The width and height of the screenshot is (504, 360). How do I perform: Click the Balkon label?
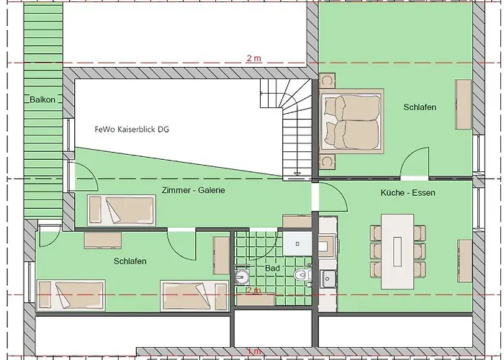pyautogui.click(x=42, y=99)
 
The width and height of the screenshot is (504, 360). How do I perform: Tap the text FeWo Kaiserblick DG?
pyautogui.click(x=132, y=129)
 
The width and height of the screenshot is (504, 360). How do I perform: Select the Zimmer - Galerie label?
pyautogui.click(x=193, y=190)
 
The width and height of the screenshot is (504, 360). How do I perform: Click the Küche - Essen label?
pyautogui.click(x=408, y=192)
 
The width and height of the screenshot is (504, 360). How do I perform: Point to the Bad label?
pyautogui.click(x=272, y=268)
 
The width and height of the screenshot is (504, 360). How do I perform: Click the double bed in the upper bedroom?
pyautogui.click(x=351, y=122)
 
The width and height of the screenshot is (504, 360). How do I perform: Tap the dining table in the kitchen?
pyautogui.click(x=397, y=252)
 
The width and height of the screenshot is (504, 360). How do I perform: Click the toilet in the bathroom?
pyautogui.click(x=302, y=275)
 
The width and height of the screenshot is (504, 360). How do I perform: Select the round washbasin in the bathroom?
pyautogui.click(x=241, y=276)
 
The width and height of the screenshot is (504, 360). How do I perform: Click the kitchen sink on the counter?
pyautogui.click(x=328, y=279)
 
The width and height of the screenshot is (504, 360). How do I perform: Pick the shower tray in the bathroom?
pyautogui.click(x=297, y=243)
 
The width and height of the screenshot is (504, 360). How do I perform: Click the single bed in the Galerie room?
pyautogui.click(x=122, y=210)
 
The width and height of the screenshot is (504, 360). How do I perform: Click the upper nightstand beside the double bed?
pyautogui.click(x=327, y=81)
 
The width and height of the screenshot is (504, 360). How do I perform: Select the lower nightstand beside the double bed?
pyautogui.click(x=327, y=162)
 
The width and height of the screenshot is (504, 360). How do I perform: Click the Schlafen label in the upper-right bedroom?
pyautogui.click(x=420, y=107)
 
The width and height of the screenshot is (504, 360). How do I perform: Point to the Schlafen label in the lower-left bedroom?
pyautogui.click(x=130, y=261)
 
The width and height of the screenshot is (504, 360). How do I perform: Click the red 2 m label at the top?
pyautogui.click(x=254, y=58)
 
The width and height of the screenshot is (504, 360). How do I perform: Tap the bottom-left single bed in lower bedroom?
pyautogui.click(x=71, y=295)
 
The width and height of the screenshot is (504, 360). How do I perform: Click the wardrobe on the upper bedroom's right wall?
pyautogui.click(x=464, y=104)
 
